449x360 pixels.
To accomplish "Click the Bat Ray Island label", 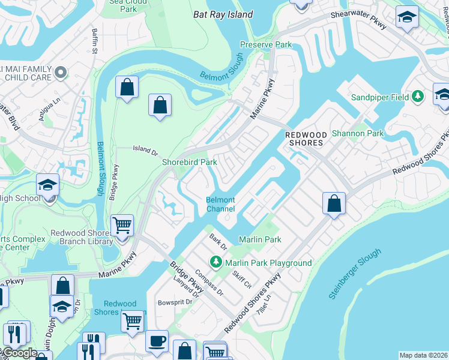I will (223, 14).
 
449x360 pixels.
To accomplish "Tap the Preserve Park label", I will (266, 44).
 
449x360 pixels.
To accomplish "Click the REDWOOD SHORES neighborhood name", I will (304, 139).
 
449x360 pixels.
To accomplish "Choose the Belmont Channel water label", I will (220, 205).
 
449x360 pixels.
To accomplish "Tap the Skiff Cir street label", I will (243, 278).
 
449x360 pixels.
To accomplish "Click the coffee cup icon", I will (157, 340).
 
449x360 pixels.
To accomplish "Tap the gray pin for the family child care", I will (59, 73).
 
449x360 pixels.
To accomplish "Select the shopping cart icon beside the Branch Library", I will (122, 226).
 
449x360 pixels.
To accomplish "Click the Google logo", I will (20, 353).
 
